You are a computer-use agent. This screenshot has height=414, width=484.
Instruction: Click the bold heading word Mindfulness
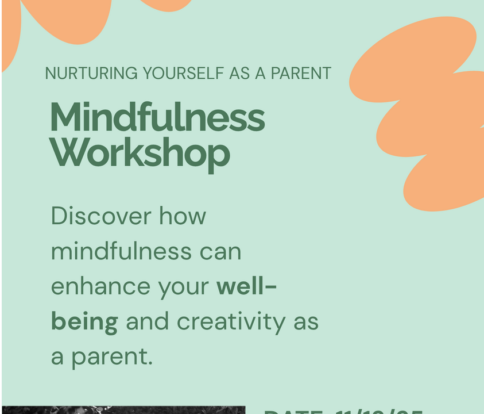click(x=158, y=117)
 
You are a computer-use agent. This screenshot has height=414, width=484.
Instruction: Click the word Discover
click(x=101, y=216)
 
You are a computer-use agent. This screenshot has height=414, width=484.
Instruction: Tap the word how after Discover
click(x=183, y=216)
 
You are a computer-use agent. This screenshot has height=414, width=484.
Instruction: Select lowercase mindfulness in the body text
click(x=121, y=251)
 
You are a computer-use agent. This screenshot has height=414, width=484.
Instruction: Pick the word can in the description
click(x=220, y=252)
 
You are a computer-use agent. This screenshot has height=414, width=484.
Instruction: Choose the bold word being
click(x=84, y=323)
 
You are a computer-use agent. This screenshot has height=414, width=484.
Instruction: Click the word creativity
click(x=231, y=322)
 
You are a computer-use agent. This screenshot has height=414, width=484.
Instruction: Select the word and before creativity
click(x=147, y=321)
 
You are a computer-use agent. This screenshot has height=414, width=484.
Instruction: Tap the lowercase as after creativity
click(x=305, y=322)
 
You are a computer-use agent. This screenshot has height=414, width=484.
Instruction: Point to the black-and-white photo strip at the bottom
click(x=123, y=410)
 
